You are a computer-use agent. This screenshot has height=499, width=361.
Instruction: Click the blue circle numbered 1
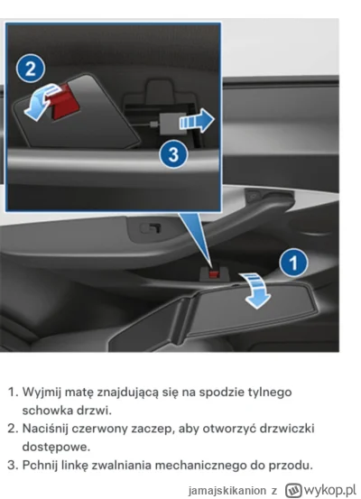(x=290, y=263)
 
